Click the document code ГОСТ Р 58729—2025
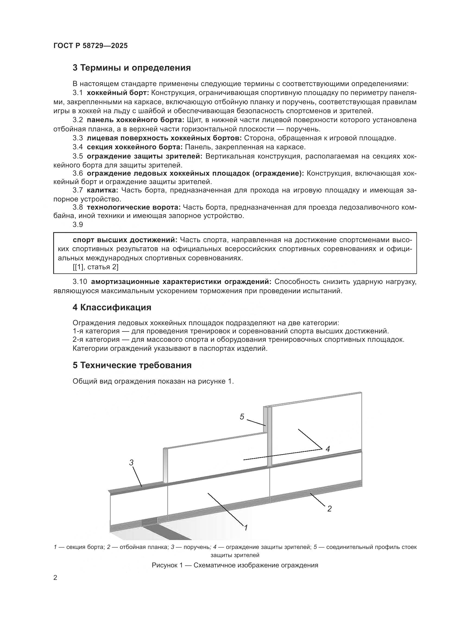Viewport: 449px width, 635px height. pos(91,46)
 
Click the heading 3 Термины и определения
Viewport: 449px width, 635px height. pos(132,68)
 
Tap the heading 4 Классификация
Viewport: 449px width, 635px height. pos(112,308)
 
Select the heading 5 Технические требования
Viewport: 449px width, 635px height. pos(132,365)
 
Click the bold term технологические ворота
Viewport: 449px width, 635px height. pos(134,207)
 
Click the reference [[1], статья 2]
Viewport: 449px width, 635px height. pos(95,267)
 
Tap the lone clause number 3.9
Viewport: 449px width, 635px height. pos(78,225)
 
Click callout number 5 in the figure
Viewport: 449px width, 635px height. pos(242,417)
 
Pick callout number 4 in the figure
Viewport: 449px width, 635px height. pos(328,449)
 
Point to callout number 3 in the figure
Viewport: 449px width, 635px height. pos(131,462)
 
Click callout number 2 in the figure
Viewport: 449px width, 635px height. pos(329,508)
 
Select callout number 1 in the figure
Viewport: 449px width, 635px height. pos(246,528)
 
